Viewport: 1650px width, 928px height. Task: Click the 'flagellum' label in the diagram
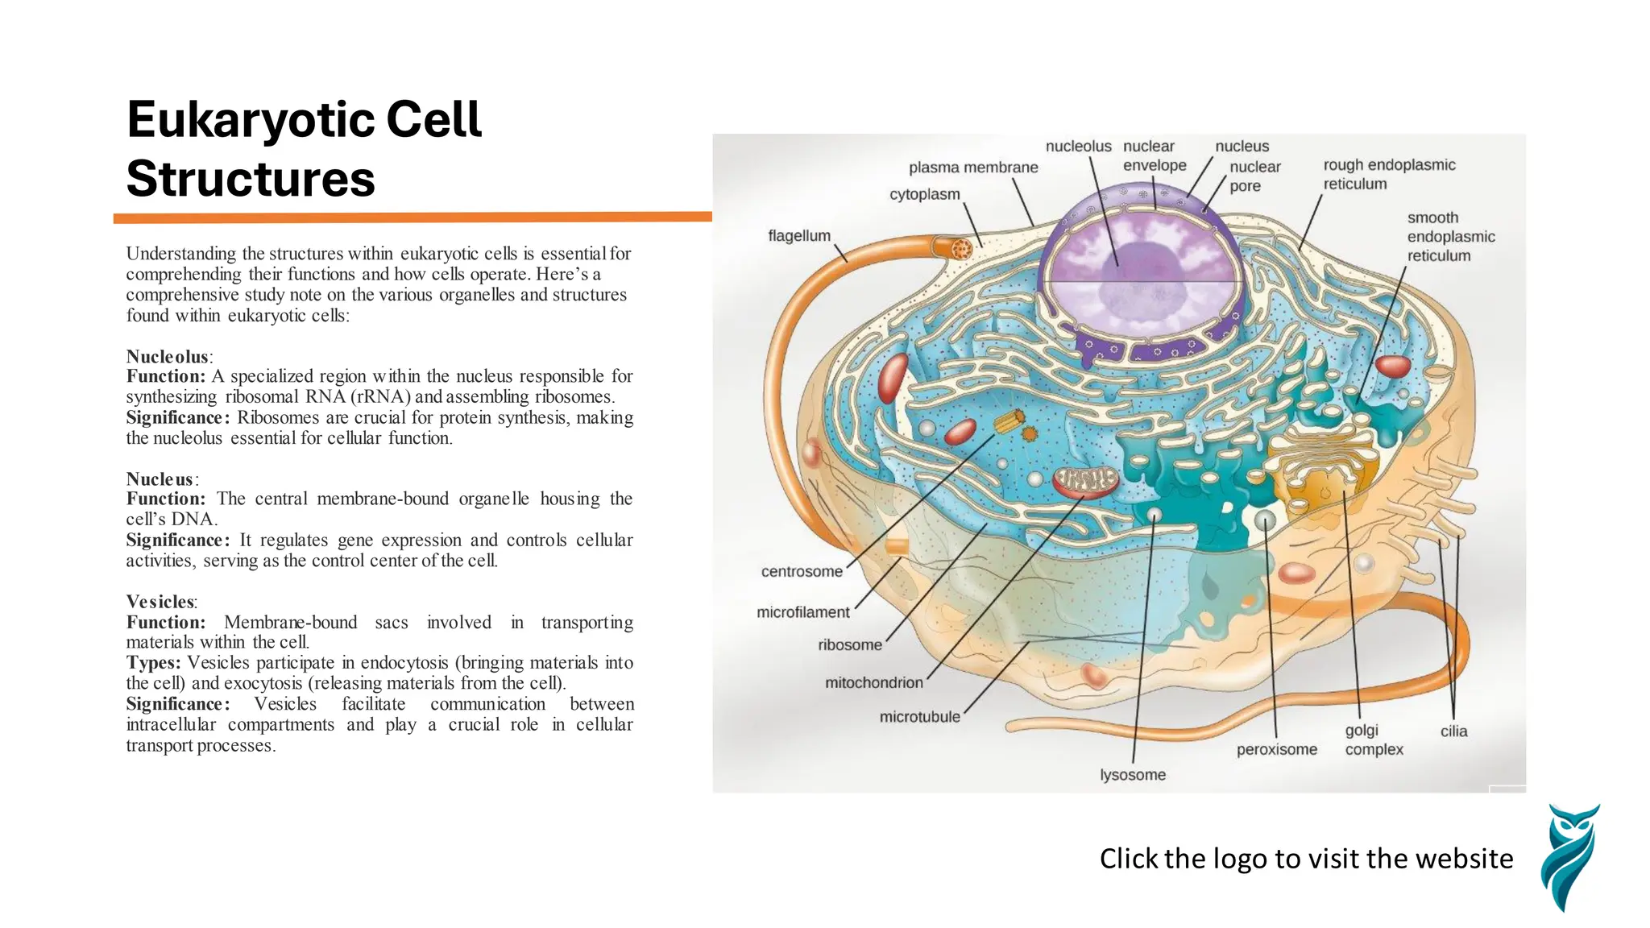(x=798, y=236)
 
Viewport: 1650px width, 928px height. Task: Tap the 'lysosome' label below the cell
(x=1132, y=775)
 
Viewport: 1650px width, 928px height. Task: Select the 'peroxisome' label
(x=1276, y=750)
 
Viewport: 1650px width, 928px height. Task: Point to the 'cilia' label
(x=1453, y=731)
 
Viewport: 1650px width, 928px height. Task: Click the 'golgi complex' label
(x=1374, y=739)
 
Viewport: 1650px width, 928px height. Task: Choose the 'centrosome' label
(x=801, y=572)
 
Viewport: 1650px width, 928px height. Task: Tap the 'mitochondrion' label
(x=873, y=683)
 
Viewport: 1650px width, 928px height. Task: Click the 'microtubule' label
(x=919, y=717)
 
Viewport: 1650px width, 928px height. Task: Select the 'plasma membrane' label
(x=972, y=168)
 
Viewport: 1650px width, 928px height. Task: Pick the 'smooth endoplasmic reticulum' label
(x=1450, y=237)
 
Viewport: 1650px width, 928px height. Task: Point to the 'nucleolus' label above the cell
(x=1078, y=147)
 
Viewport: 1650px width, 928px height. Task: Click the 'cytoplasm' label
(x=924, y=195)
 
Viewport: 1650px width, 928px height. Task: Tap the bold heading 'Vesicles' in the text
(x=160, y=602)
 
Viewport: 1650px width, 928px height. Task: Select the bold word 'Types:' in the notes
(x=153, y=663)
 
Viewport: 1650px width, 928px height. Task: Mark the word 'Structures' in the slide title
(x=251, y=179)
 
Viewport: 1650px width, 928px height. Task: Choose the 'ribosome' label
(x=849, y=645)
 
